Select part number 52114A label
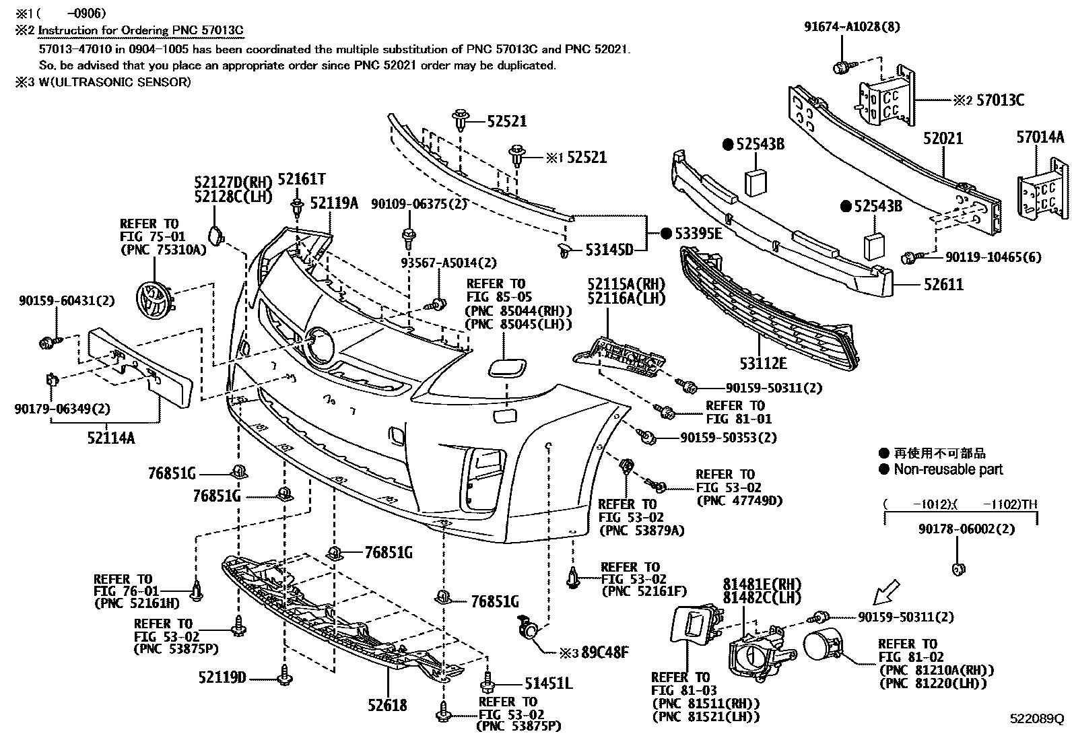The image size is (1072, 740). coord(110,438)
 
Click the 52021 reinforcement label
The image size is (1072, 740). coord(943,139)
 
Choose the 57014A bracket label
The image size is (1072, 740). coord(1040,138)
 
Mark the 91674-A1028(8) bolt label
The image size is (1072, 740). coord(842,27)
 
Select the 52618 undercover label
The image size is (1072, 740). coord(387,705)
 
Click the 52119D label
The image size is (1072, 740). coord(222,677)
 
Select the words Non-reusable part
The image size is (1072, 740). coord(948,470)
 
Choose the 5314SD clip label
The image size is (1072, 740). coord(609,250)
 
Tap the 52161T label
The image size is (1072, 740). coord(302,179)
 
